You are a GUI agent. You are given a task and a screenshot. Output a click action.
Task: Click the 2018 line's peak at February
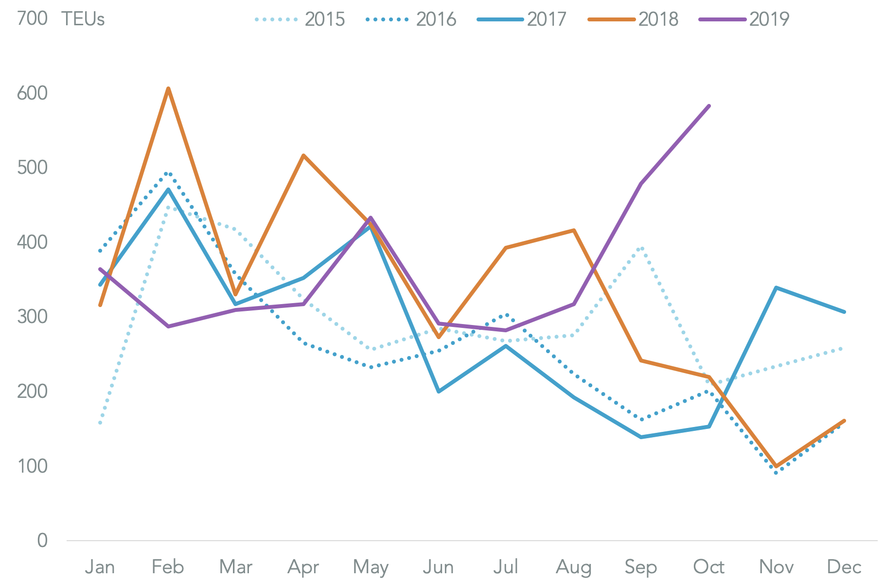pos(168,88)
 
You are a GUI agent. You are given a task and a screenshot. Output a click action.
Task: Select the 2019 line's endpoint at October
pos(709,106)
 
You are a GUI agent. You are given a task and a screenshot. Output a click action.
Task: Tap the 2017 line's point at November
pos(777,288)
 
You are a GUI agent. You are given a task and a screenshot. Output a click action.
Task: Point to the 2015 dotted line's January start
pos(100,423)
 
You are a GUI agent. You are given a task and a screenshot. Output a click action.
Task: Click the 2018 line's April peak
pos(303,155)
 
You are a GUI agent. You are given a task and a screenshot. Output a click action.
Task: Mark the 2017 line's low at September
pos(641,437)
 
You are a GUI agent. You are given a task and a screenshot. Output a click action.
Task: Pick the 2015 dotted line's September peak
pos(642,248)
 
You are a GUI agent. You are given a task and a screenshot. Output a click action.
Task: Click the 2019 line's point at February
pos(168,326)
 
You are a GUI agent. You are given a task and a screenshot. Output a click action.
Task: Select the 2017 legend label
pos(547,19)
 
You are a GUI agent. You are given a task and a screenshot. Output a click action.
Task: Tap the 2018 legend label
pos(658,19)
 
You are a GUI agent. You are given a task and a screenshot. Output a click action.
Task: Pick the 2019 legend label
pos(769,19)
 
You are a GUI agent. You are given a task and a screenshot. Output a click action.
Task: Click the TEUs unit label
pos(83,19)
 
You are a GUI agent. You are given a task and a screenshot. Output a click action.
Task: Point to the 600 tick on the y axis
pos(32,93)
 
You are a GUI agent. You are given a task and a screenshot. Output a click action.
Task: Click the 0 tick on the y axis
pos(42,540)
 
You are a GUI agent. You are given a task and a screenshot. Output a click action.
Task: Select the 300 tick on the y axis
pos(32,317)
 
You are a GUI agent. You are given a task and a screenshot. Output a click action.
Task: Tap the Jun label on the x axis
pos(438,567)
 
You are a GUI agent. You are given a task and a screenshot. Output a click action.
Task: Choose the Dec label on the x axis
pos(844,567)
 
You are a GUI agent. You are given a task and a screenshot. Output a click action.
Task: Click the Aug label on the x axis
pos(574,567)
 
